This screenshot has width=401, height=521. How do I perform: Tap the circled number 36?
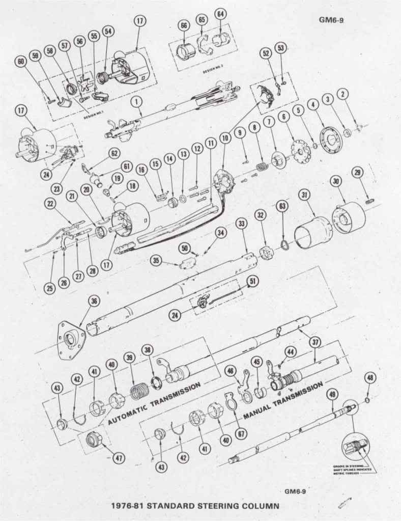[93, 301]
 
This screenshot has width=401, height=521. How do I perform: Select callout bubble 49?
[332, 394]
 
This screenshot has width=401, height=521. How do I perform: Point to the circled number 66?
[184, 26]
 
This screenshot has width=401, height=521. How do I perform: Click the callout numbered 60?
[21, 62]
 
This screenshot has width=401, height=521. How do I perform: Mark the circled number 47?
[119, 458]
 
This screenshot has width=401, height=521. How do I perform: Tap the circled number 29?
[358, 174]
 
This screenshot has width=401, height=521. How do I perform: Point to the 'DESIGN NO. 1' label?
[83, 116]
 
